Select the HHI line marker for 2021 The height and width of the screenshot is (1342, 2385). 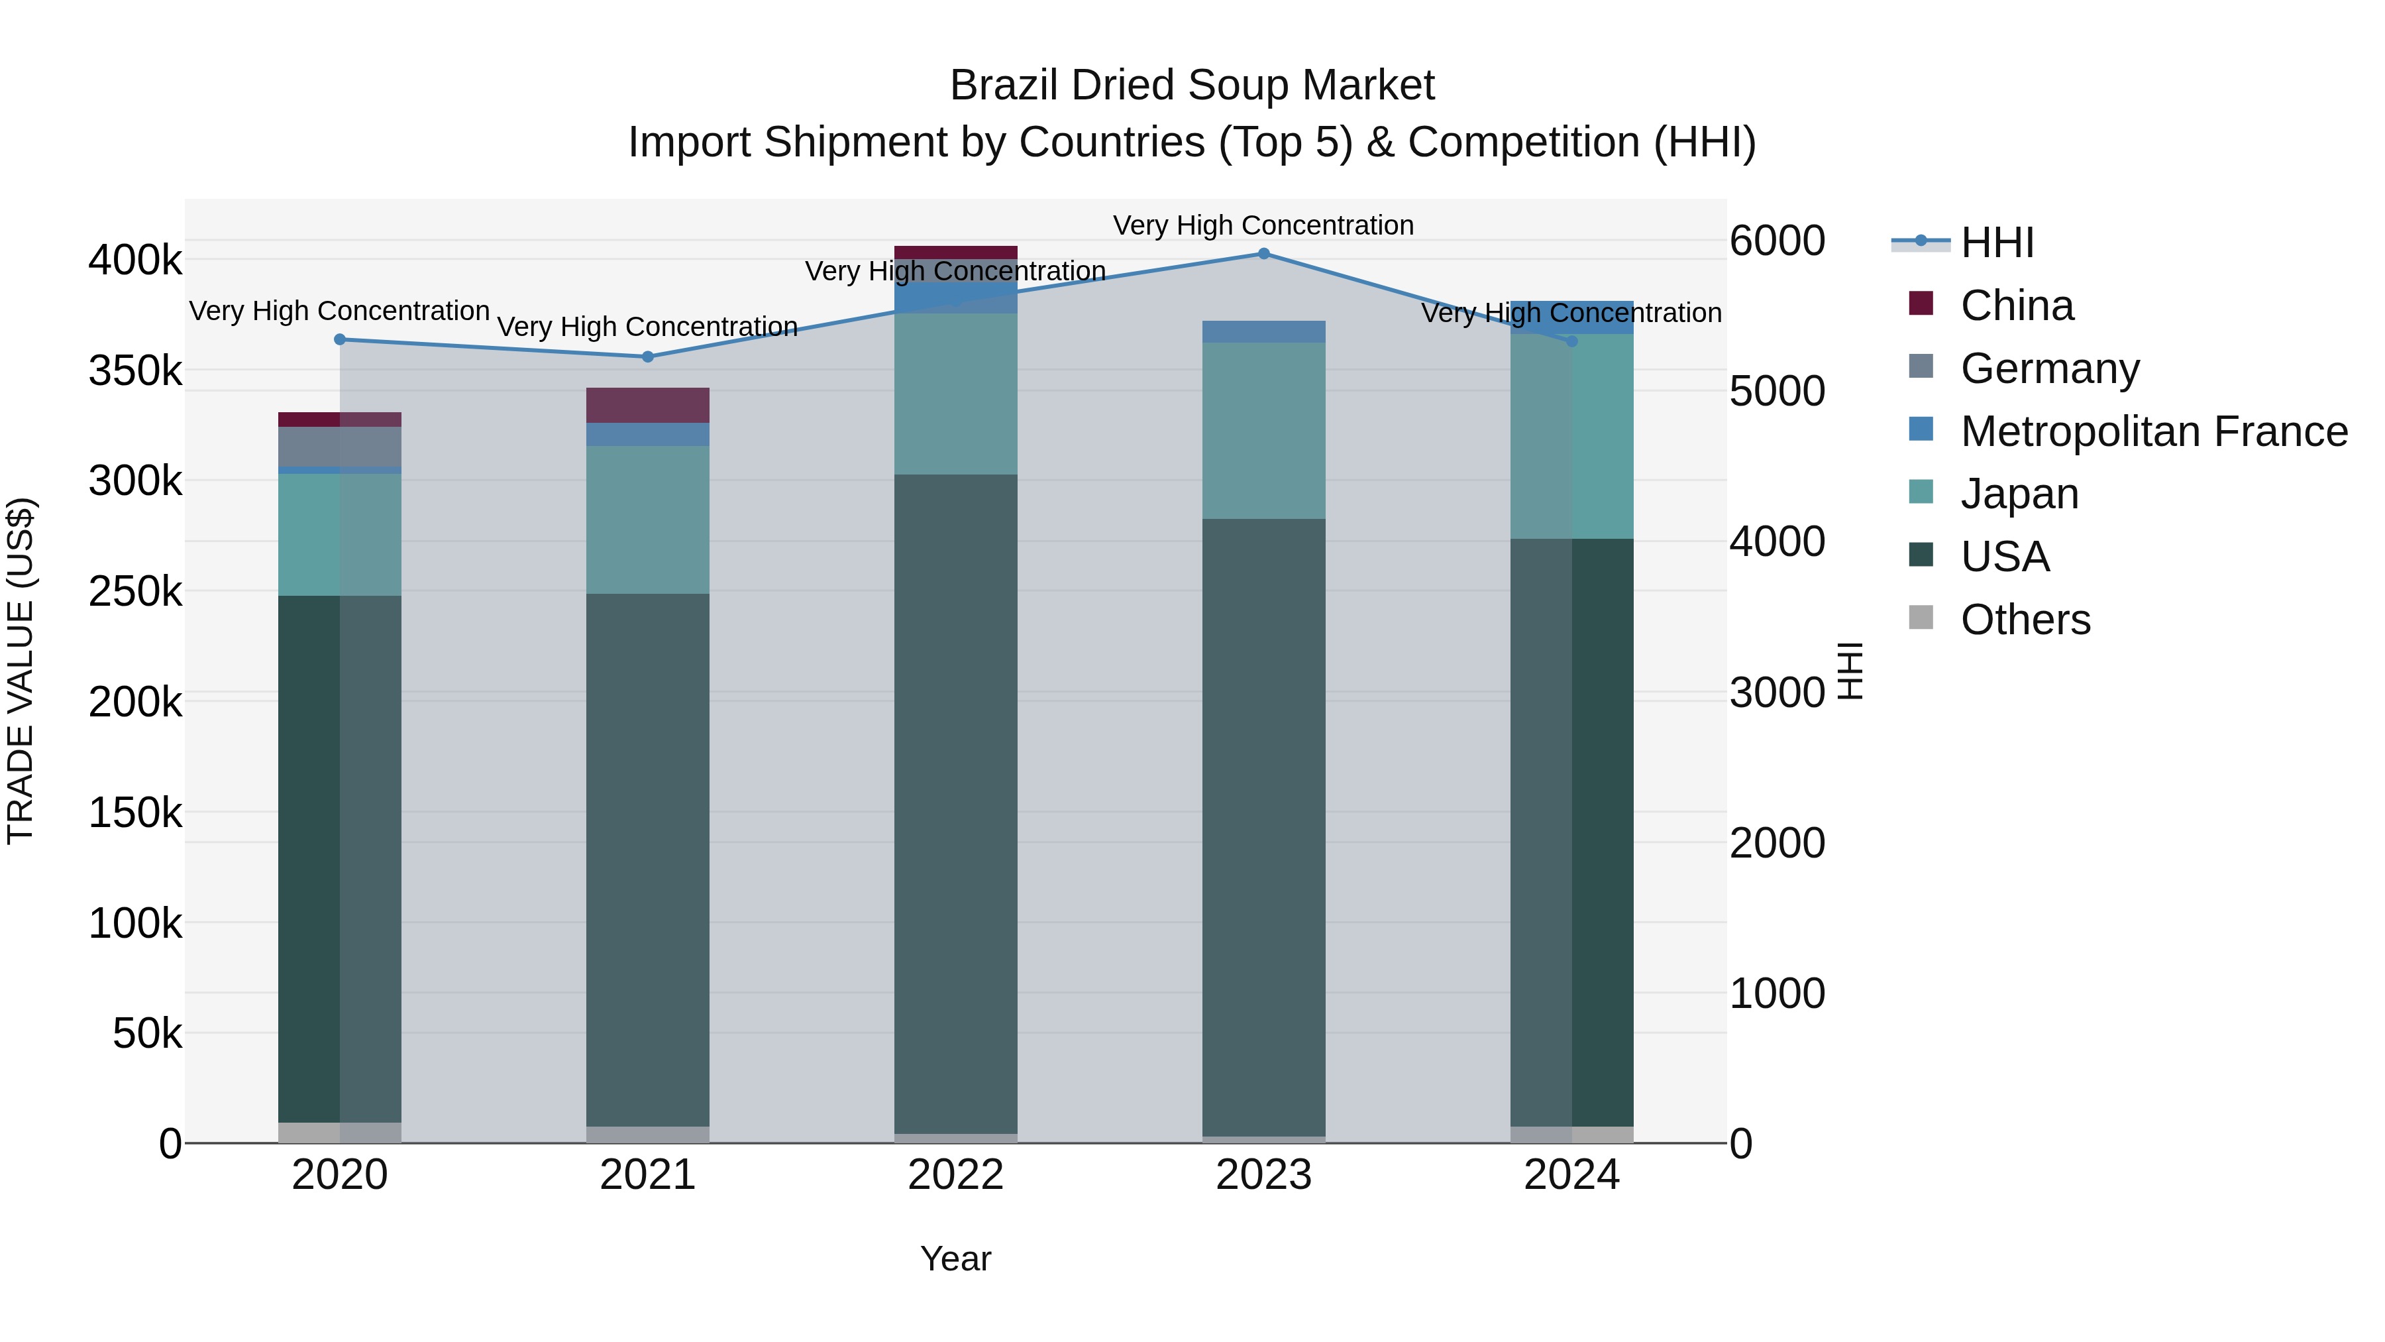[648, 357]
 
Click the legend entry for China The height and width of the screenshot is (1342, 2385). [2017, 306]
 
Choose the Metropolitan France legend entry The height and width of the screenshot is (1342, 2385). [2154, 431]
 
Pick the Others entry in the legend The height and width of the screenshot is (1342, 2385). [2025, 620]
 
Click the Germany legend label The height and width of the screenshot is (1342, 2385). [2050, 368]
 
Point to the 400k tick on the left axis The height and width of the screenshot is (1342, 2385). [135, 260]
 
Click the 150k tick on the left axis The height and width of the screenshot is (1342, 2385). [135, 813]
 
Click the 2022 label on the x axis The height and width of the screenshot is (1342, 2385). [955, 1175]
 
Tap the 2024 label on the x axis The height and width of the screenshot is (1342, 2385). [1571, 1175]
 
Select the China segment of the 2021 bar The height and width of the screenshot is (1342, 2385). [648, 405]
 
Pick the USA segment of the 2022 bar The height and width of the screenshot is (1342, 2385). [955, 804]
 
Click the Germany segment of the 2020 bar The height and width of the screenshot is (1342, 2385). [340, 447]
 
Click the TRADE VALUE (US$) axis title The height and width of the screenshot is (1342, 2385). [21, 671]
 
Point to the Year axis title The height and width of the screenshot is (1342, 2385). [955, 1258]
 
